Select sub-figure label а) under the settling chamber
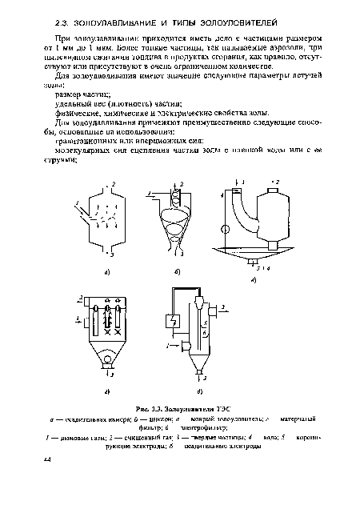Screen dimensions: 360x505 [x=106, y=272]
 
